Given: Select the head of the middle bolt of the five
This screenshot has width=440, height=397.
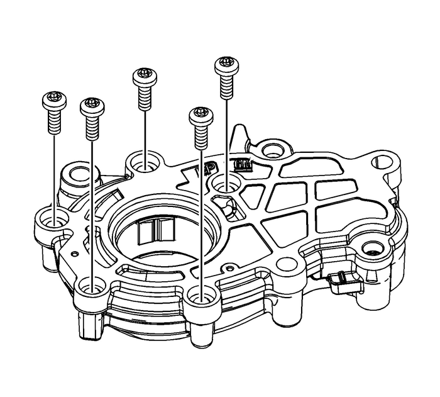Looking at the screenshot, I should [144, 77].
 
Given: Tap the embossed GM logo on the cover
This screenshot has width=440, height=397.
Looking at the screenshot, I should [241, 165].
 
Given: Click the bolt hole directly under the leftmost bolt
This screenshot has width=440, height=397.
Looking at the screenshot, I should [55, 220].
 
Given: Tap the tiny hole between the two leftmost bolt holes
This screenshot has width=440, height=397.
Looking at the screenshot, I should [74, 254].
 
